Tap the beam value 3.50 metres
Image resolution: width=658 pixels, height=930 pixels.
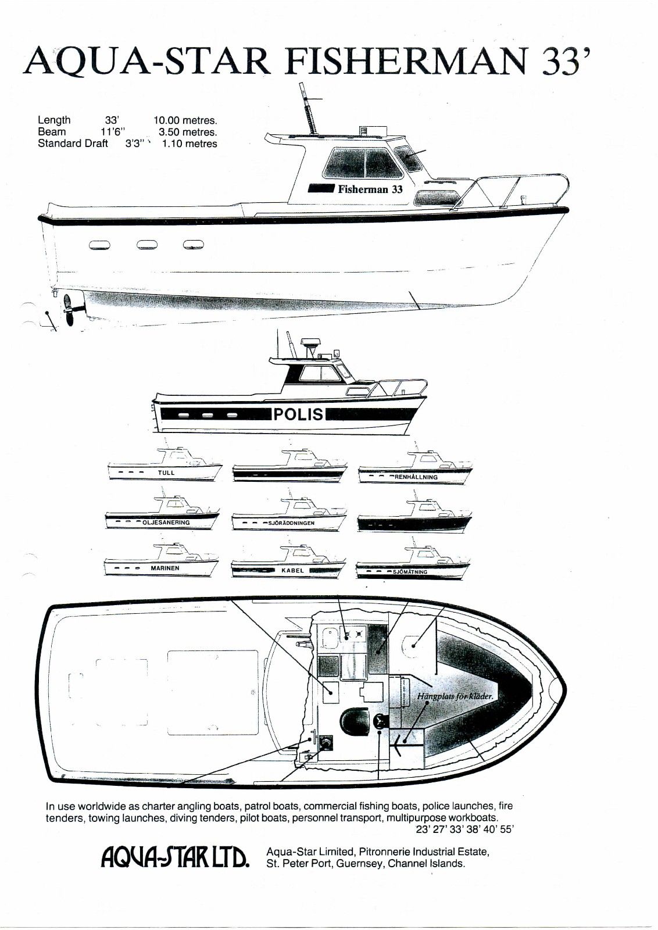click(188, 132)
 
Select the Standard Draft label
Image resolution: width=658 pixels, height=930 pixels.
click(73, 144)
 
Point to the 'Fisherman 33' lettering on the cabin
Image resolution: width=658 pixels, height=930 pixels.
click(370, 189)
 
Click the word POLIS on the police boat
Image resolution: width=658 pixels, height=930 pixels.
click(299, 414)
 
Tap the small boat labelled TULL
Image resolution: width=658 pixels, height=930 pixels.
click(165, 464)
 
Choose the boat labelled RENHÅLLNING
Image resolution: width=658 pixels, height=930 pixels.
click(415, 466)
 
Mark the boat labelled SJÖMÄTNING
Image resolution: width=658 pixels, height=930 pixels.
click(413, 561)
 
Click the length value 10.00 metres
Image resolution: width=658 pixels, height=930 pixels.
click(186, 120)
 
